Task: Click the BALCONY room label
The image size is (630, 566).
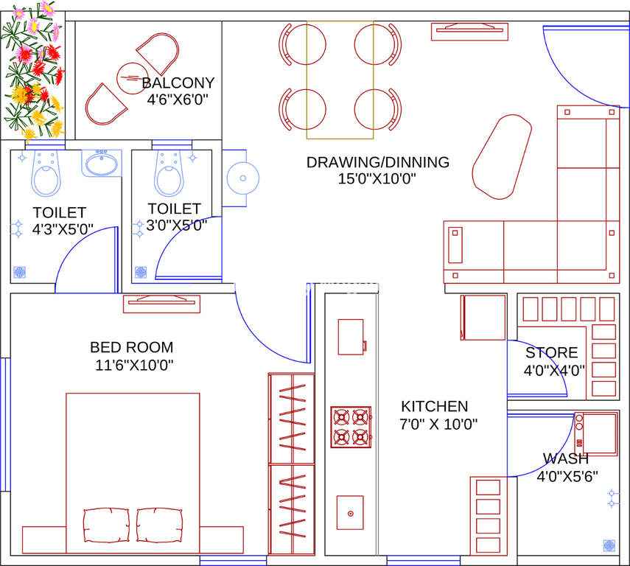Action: click(178, 83)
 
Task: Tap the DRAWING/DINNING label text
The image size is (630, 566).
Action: click(378, 162)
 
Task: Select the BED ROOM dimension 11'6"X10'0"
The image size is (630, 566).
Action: click(134, 365)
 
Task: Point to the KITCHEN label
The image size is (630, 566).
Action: click(434, 406)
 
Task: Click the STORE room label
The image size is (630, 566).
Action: click(552, 352)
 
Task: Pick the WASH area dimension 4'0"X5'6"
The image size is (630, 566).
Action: click(567, 476)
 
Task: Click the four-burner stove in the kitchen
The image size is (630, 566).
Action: click(351, 427)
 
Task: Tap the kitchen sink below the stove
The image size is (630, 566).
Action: click(350, 512)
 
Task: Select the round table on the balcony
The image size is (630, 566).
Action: click(132, 78)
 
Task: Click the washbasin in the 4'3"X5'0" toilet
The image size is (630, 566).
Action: click(102, 163)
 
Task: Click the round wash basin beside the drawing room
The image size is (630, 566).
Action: click(242, 178)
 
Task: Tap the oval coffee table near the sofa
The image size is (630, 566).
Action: click(502, 157)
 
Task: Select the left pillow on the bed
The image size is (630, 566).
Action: click(106, 525)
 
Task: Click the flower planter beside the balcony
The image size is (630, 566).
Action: click(32, 69)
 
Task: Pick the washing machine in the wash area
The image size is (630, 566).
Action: click(596, 433)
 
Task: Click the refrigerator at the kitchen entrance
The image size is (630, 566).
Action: click(483, 318)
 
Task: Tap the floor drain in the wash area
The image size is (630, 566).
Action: click(609, 545)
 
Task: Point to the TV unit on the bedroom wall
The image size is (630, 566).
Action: click(161, 304)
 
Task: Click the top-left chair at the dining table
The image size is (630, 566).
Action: click(302, 44)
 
